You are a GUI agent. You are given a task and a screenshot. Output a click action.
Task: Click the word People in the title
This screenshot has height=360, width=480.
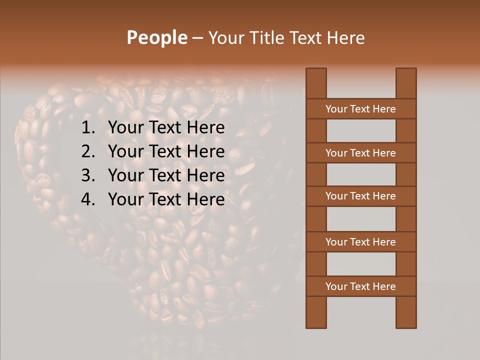(x=157, y=37)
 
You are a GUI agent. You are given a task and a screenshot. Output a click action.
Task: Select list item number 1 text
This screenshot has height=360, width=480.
(x=166, y=128)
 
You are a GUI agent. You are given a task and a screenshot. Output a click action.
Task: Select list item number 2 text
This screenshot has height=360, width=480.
(x=166, y=151)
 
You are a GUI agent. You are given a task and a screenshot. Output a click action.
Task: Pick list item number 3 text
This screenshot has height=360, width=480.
(x=166, y=175)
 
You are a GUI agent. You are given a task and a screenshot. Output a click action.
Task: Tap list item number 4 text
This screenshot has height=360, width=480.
(x=166, y=199)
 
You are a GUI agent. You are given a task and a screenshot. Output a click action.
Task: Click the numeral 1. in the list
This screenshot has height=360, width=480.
(x=88, y=128)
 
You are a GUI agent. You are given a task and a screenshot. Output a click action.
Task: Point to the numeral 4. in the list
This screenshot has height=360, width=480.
(x=88, y=199)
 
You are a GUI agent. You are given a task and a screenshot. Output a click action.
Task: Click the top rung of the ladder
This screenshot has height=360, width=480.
(x=360, y=109)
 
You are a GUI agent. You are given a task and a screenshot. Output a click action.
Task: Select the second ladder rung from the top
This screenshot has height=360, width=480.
(x=360, y=153)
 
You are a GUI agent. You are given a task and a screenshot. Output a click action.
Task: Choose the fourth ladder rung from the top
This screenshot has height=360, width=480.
(x=360, y=242)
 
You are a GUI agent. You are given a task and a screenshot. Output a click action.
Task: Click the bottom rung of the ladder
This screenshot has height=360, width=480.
(x=360, y=286)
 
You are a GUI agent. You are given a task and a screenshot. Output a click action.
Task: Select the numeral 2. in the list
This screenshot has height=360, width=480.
(x=88, y=151)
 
